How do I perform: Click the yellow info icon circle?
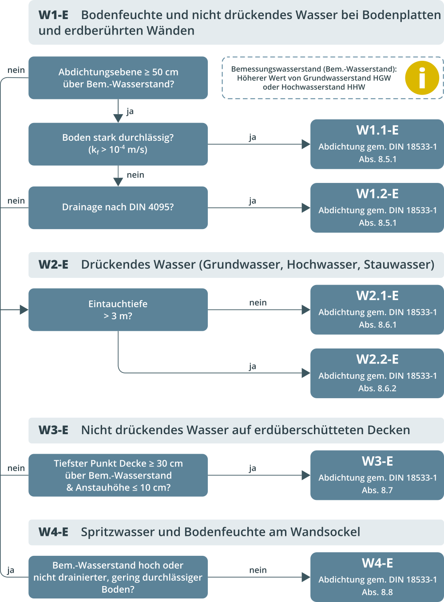click(422, 78)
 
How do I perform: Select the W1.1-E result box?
click(377, 144)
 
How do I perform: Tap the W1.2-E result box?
click(377, 208)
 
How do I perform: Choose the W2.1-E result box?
click(377, 309)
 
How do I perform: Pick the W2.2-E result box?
click(377, 373)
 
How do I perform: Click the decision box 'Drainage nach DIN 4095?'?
click(118, 207)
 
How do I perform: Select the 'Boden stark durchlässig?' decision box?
click(118, 144)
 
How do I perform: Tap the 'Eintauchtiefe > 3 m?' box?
click(118, 309)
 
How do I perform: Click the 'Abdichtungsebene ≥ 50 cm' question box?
click(118, 78)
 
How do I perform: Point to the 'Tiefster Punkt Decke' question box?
click(118, 475)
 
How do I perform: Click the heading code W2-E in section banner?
click(53, 265)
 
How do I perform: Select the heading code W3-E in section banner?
click(53, 430)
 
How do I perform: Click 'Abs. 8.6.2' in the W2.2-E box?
click(377, 388)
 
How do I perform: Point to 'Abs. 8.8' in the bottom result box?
click(377, 592)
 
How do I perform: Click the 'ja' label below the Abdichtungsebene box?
click(130, 111)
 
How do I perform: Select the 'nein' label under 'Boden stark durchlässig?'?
click(135, 175)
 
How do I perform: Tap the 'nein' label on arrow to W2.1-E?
click(258, 302)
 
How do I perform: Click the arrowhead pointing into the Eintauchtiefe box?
click(24, 309)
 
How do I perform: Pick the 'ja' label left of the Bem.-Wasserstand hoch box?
click(11, 570)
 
